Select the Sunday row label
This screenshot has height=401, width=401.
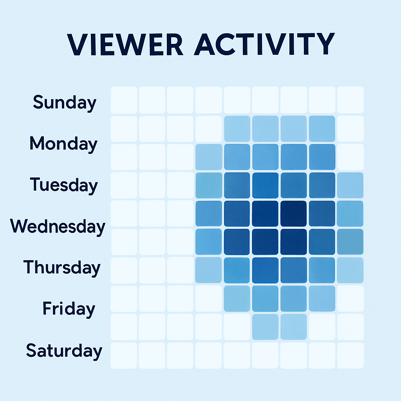point(65,103)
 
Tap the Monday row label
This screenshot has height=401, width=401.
point(63,144)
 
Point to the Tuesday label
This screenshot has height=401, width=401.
point(64,185)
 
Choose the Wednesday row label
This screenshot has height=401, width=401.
point(58,226)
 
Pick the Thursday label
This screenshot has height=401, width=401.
point(62,267)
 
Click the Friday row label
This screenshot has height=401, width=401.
point(69,309)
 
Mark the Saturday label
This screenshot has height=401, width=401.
point(64,350)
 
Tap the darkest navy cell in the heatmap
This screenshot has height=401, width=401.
point(294,213)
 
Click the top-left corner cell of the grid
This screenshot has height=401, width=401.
point(124,100)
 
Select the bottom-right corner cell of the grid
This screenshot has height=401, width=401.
point(350,355)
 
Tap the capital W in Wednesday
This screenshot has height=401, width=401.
point(19,226)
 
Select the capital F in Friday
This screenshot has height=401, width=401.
point(47,309)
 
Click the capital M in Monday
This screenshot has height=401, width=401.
point(38,144)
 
